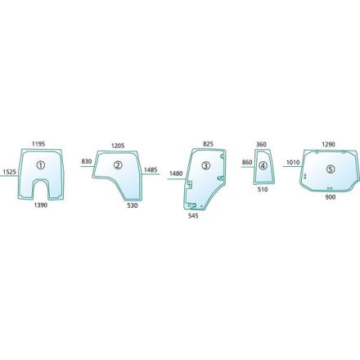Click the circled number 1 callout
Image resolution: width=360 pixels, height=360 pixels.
click(x=41, y=164)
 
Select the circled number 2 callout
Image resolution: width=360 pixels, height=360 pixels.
click(x=118, y=165)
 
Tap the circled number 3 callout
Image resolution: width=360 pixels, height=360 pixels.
click(x=206, y=165)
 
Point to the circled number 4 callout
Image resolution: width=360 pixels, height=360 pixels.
click(x=263, y=165)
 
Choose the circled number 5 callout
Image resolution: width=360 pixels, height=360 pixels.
click(x=331, y=169)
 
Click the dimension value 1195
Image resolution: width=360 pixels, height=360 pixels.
click(x=38, y=144)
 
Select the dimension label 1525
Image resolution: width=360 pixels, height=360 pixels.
click(x=10, y=172)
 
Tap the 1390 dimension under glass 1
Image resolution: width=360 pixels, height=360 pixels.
click(x=41, y=205)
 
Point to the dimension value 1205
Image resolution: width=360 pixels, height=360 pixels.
click(x=118, y=146)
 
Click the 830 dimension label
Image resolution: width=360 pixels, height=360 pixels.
click(x=87, y=161)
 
